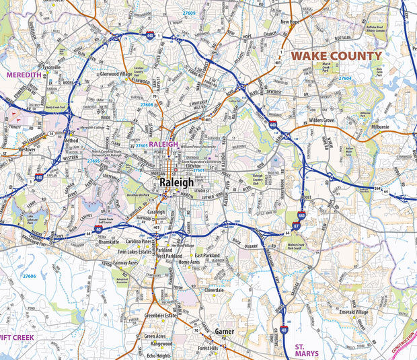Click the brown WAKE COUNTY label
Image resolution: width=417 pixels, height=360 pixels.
pos(336,56)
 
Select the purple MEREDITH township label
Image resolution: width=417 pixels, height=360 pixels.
pos(24,75)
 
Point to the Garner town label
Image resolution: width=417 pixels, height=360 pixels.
pos(224,332)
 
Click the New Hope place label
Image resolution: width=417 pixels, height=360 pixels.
pos(290,22)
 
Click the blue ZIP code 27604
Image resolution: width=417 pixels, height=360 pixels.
pos(344,79)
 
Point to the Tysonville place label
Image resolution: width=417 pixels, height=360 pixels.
pos(51,67)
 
